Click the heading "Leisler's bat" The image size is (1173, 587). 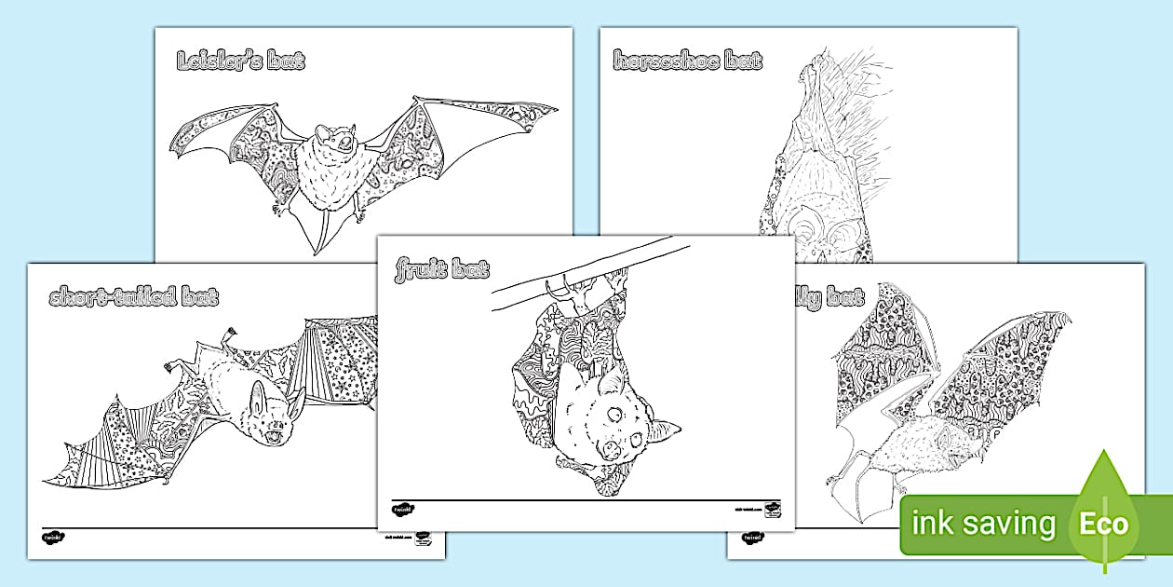[240, 62]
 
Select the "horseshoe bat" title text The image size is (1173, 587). [688, 62]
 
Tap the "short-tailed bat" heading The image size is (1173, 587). [134, 298]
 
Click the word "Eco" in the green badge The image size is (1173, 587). [1103, 524]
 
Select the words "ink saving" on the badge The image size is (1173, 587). [983, 525]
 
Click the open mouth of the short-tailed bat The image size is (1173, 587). [273, 436]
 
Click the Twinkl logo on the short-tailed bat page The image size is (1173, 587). [51, 538]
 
